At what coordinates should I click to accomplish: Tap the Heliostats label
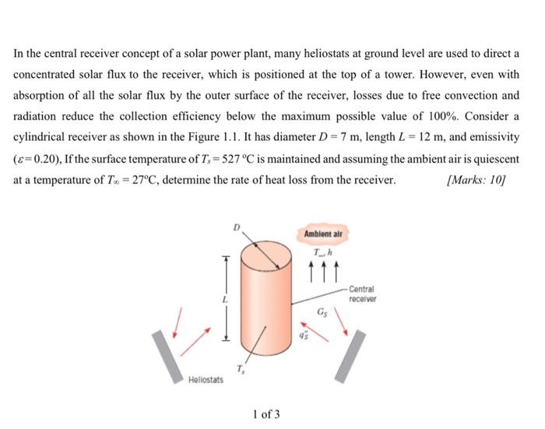pos(206,379)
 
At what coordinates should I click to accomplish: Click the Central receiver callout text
pos(363,294)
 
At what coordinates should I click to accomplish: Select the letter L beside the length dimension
pos(223,299)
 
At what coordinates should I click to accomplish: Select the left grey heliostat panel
pos(168,357)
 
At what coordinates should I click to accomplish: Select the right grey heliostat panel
pos(350,356)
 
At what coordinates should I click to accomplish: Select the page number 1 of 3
pos(266,413)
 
